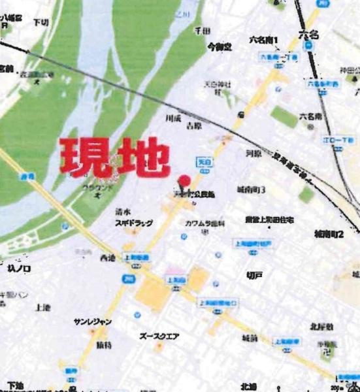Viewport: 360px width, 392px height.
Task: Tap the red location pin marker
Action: (184, 181)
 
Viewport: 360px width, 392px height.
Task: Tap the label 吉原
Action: (193, 124)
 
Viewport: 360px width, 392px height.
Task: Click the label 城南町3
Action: (251, 189)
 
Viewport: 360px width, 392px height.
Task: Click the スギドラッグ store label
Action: (134, 223)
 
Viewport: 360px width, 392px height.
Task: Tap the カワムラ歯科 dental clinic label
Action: (205, 223)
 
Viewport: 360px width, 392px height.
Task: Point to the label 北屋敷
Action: (322, 326)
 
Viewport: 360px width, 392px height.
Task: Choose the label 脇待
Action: (105, 343)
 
